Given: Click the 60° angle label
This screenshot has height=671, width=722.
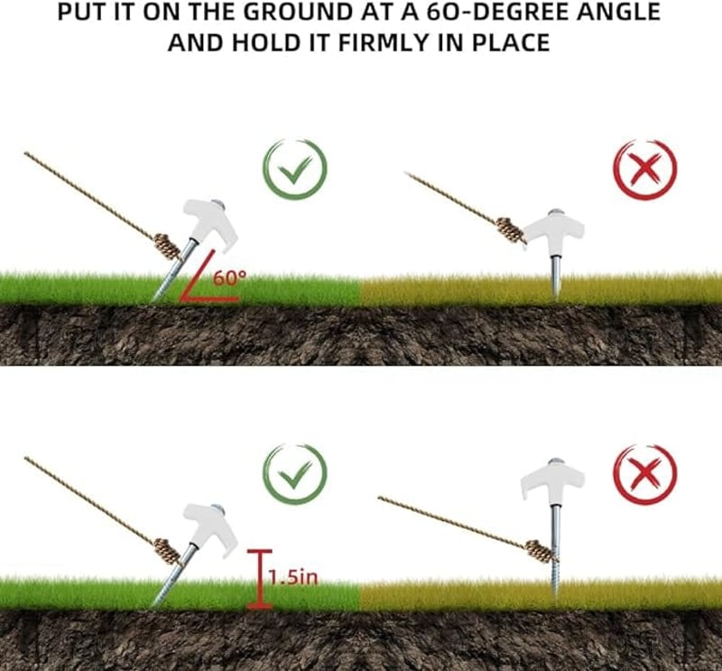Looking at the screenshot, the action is click(x=229, y=278).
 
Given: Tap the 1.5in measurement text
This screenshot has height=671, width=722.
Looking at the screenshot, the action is click(x=292, y=577).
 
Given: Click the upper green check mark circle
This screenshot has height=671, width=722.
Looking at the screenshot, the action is click(x=295, y=169).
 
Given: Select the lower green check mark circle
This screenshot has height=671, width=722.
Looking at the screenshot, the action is click(x=295, y=474).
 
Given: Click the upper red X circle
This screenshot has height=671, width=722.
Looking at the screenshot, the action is click(x=644, y=169).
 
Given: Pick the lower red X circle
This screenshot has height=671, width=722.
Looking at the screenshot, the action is click(x=644, y=475).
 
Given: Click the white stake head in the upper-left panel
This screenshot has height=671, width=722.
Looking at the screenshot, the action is click(x=210, y=222).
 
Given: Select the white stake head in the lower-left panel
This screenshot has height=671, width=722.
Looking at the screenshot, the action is click(x=210, y=527).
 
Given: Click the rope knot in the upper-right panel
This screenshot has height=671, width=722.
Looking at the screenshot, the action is click(x=511, y=230).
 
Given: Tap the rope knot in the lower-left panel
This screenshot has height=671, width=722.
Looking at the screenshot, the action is click(x=167, y=552).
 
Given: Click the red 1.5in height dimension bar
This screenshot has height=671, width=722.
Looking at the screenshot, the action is click(x=260, y=579).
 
